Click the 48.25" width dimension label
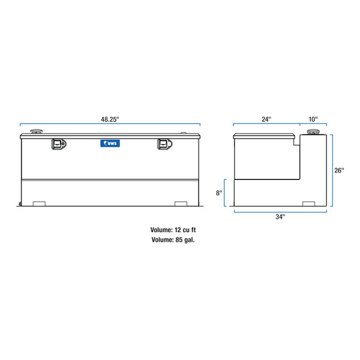(110, 119)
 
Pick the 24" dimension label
(266, 119)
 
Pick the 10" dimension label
(314, 119)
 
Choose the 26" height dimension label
(339, 170)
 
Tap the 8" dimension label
(220, 193)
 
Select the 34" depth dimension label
(280, 217)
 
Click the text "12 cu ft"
(185, 230)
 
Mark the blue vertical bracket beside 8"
(226, 193)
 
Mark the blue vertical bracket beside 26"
(332, 170)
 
